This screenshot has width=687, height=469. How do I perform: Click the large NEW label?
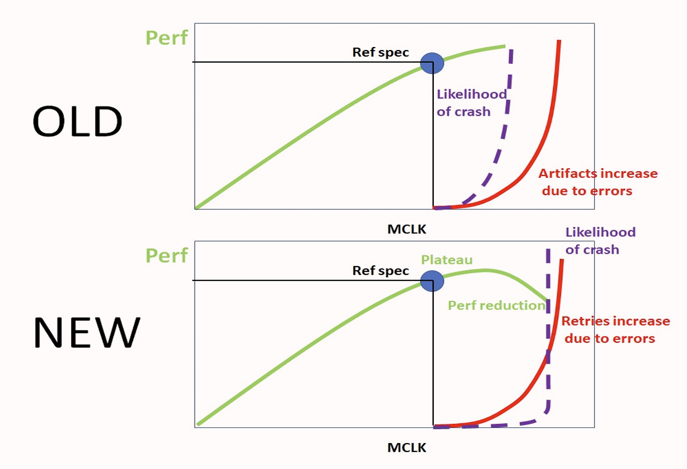click(x=86, y=333)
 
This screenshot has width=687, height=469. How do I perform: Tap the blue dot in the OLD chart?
click(x=431, y=62)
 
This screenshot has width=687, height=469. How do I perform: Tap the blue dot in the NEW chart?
click(x=431, y=280)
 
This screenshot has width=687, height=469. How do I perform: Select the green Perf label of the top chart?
click(x=166, y=37)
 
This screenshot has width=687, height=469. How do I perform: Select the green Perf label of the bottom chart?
click(x=166, y=255)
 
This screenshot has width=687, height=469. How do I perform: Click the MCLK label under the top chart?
click(x=406, y=229)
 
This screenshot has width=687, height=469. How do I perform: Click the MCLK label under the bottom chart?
click(x=406, y=448)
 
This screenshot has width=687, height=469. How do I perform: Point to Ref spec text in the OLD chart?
click(x=380, y=52)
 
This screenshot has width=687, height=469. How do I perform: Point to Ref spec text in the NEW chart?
click(x=380, y=271)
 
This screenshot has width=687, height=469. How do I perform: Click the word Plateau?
click(x=447, y=260)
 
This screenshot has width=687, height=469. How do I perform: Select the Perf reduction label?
click(x=496, y=305)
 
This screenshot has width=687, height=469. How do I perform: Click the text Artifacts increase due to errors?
click(x=597, y=182)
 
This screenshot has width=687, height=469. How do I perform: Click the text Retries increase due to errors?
click(x=615, y=329)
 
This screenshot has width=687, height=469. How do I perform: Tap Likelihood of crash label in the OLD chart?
click(x=471, y=102)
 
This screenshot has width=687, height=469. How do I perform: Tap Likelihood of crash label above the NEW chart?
click(x=600, y=241)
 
